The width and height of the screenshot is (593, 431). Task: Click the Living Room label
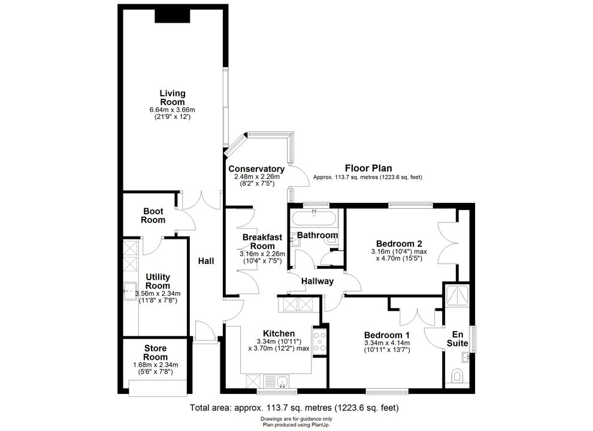click(173, 98)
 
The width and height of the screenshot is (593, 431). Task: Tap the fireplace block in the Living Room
click(172, 16)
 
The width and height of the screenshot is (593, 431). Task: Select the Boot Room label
click(153, 215)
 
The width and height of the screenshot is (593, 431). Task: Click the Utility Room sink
click(130, 291)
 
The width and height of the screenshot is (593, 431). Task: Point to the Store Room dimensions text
click(155, 368)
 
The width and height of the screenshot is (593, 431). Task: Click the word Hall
click(206, 261)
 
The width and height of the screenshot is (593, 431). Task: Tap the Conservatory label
click(256, 169)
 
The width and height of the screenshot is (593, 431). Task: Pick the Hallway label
click(317, 281)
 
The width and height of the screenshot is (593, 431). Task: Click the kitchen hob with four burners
click(320, 342)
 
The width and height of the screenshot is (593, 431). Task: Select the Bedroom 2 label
click(399, 244)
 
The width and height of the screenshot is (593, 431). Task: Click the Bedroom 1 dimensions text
click(387, 347)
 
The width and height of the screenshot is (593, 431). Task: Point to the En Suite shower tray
click(457, 295)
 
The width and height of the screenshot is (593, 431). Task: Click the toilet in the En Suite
click(457, 376)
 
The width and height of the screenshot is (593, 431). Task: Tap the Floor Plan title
click(368, 168)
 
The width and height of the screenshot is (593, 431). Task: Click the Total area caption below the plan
click(294, 408)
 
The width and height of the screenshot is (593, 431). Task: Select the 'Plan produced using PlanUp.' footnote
click(296, 425)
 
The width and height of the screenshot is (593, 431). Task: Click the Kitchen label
click(279, 333)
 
